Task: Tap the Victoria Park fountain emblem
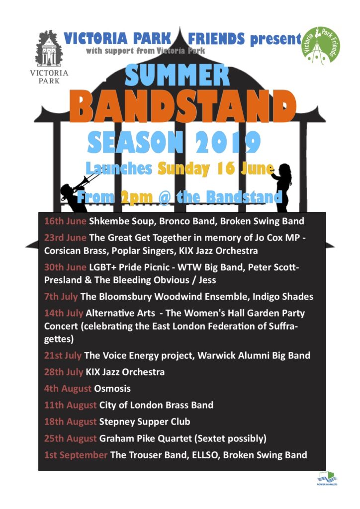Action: (x=49, y=48)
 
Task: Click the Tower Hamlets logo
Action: (x=327, y=479)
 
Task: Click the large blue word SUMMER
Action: (x=177, y=75)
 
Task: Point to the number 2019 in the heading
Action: (x=228, y=143)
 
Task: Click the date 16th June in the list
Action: (x=65, y=221)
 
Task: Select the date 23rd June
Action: (x=65, y=238)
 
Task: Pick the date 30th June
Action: (x=65, y=267)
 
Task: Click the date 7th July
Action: (x=61, y=297)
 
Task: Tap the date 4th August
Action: (x=68, y=389)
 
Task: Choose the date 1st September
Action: (x=76, y=455)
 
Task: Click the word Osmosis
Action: (x=112, y=389)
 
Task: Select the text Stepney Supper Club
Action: (x=145, y=422)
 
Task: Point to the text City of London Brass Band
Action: (x=156, y=405)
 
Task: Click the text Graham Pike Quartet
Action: (x=145, y=438)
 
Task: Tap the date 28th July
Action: (x=64, y=372)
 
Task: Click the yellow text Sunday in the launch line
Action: (x=183, y=169)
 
